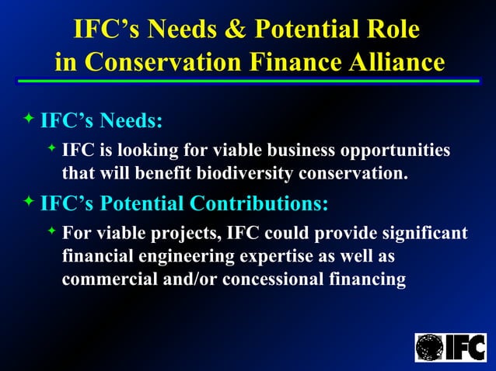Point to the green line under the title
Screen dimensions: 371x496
248,81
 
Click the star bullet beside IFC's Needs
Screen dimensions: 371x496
29,118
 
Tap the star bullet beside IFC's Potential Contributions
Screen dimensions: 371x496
29,202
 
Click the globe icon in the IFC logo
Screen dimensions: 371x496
429,347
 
